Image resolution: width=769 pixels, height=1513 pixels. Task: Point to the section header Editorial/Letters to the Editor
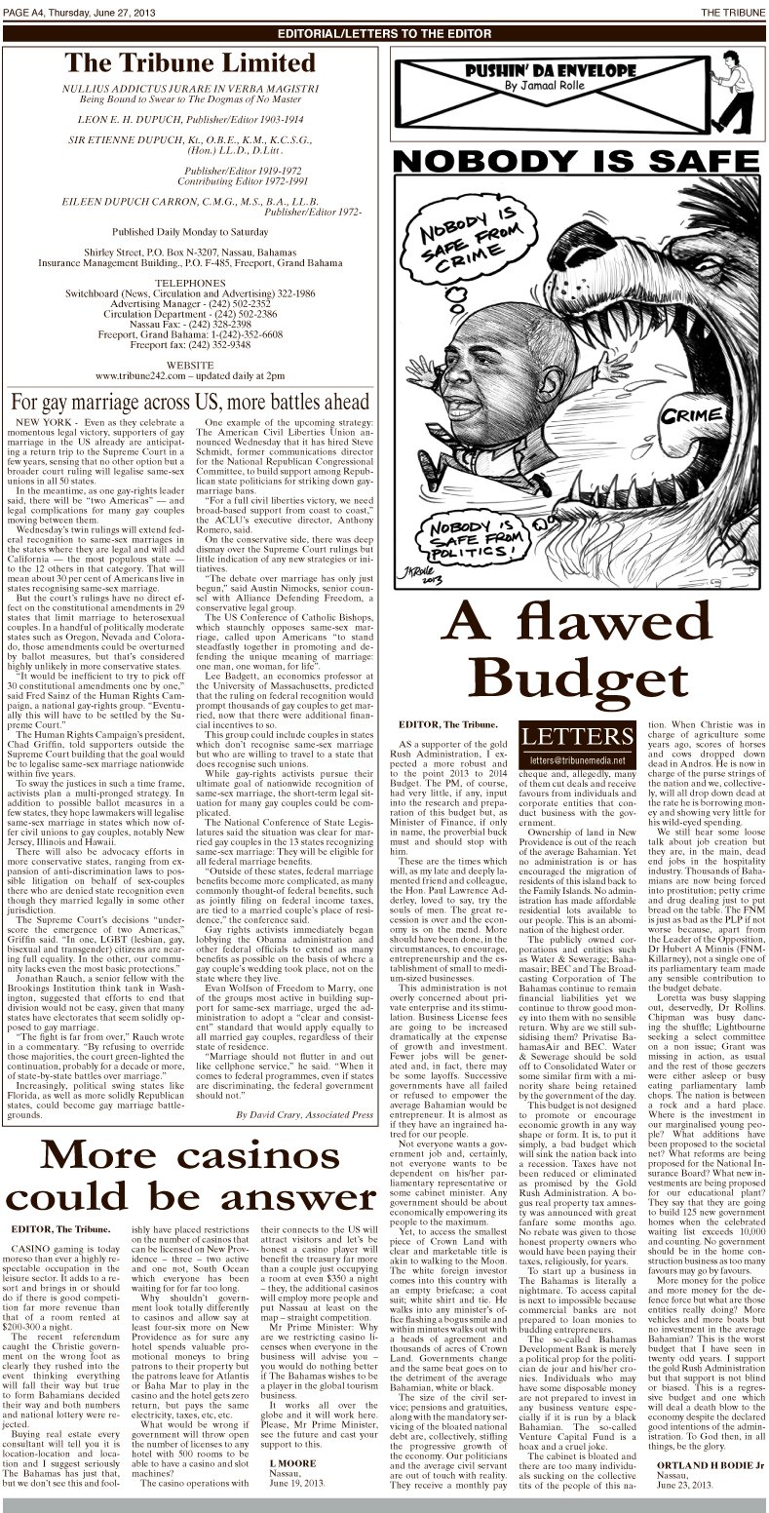click(x=384, y=32)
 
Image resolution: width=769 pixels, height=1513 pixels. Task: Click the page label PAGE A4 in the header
click(x=22, y=9)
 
